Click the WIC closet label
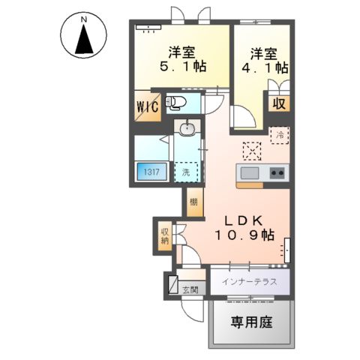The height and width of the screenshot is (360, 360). click(147, 106)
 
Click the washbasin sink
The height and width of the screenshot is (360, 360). click(187, 129)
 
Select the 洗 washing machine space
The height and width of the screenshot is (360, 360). click(186, 172)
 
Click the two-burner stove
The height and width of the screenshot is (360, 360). click(276, 173)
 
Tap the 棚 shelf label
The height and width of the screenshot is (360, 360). click(194, 202)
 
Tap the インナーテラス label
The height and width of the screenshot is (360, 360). click(249, 282)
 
